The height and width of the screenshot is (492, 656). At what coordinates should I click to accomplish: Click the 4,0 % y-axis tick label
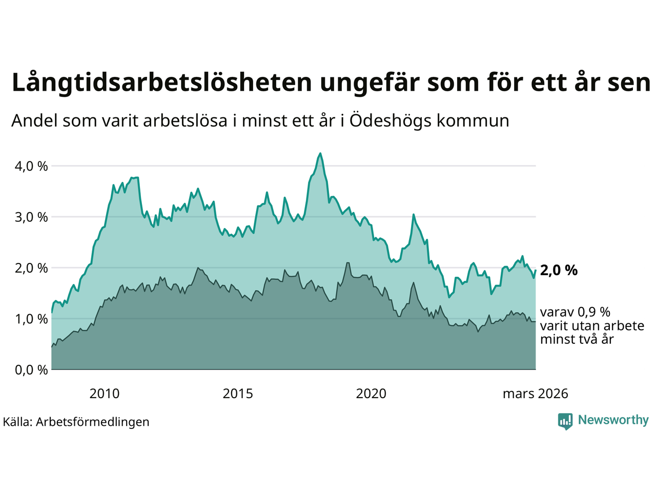point(31,166)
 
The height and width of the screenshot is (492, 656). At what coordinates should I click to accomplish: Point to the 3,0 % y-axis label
point(31,217)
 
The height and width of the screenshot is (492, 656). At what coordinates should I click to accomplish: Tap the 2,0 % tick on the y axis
point(31,268)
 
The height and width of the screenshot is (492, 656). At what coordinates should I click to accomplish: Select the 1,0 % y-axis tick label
point(31,319)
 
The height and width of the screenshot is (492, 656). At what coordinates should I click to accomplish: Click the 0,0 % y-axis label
point(31,370)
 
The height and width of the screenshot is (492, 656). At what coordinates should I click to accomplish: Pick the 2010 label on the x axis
point(104,394)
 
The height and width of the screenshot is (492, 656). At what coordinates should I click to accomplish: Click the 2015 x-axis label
point(238,394)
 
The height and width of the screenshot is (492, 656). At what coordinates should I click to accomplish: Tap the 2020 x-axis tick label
point(371,394)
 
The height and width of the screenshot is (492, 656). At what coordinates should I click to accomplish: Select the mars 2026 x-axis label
point(535,394)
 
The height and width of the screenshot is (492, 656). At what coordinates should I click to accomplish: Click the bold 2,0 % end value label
point(559,270)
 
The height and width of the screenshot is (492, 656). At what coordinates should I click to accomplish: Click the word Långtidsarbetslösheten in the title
point(161,83)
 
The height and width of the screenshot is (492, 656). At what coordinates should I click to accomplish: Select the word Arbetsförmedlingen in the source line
point(93,422)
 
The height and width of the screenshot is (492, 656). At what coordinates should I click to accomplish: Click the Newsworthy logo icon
point(565,421)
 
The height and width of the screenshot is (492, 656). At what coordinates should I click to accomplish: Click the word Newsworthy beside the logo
point(613,420)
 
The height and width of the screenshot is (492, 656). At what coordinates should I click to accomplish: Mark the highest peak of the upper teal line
point(320,153)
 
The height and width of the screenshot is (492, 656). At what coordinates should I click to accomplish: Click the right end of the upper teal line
point(536,271)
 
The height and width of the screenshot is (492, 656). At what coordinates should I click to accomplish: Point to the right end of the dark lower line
point(536,321)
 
